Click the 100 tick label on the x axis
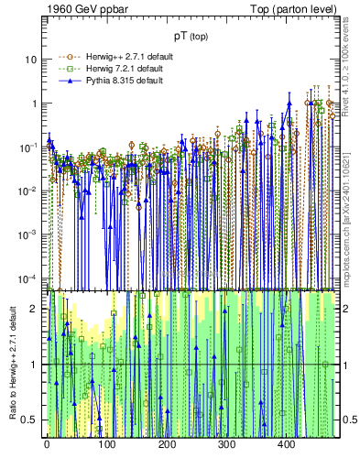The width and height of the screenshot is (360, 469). click(x=106, y=444)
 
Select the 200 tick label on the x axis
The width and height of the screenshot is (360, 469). click(x=167, y=444)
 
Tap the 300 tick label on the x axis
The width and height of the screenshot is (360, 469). click(x=226, y=444)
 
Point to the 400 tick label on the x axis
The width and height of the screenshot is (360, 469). click(x=286, y=444)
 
